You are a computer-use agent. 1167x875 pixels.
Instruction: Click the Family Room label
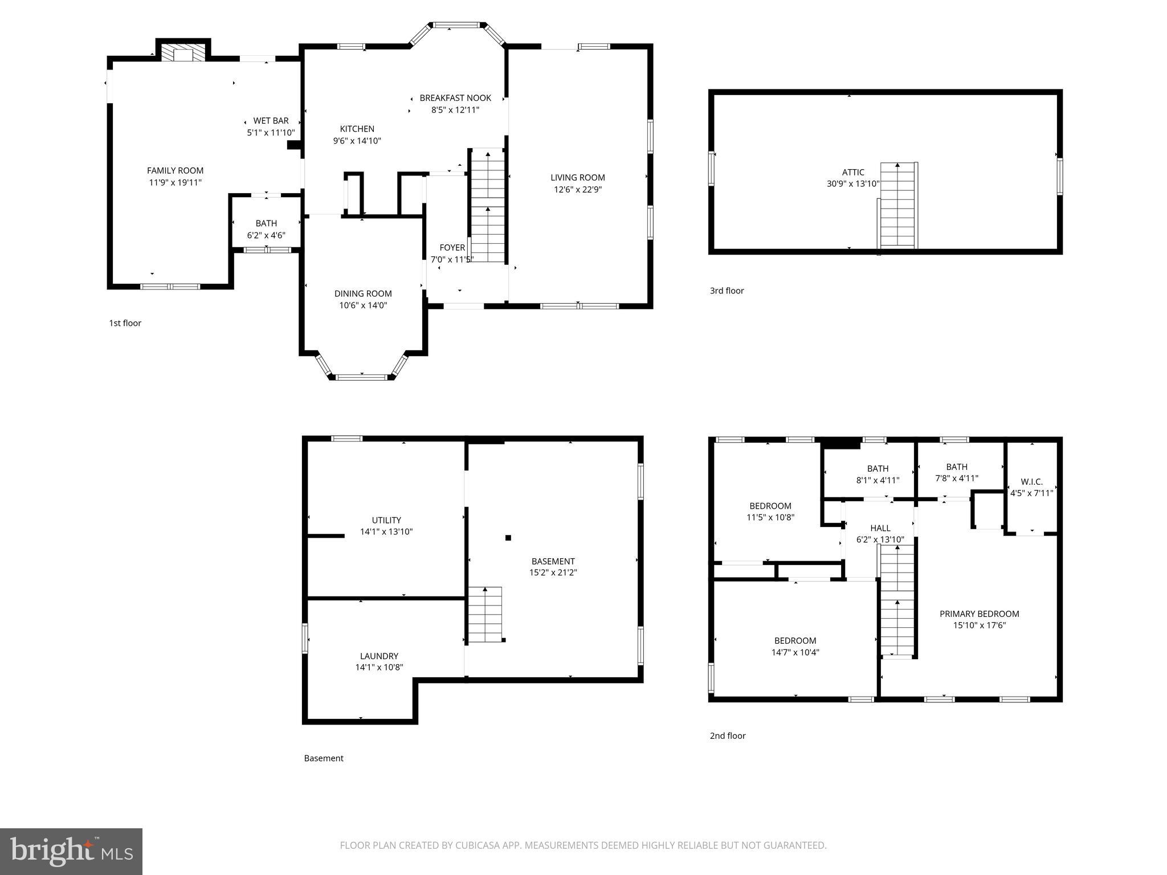click(175, 170)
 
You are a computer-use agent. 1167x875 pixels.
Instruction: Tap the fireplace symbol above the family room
click(183, 54)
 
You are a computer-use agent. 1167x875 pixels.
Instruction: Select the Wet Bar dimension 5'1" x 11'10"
click(271, 133)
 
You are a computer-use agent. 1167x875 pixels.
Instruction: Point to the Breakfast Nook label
click(455, 98)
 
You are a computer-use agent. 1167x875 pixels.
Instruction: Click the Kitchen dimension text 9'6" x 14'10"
click(357, 141)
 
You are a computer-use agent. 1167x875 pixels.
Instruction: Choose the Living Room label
click(577, 178)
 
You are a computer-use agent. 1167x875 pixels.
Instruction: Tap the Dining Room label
click(363, 294)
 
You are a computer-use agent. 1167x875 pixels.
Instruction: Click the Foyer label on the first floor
click(452, 248)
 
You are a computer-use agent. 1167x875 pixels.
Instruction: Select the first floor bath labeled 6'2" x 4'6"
click(266, 229)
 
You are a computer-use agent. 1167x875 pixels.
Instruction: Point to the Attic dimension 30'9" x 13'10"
click(853, 184)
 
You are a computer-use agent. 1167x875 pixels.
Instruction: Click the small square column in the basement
click(508, 537)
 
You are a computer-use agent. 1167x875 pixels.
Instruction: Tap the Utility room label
click(386, 520)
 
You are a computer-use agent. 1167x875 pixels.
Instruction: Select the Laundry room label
click(379, 656)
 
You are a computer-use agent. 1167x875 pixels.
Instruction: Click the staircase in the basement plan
click(485, 614)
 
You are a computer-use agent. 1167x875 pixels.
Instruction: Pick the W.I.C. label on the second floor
click(1031, 482)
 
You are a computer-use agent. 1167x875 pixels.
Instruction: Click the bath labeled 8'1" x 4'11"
click(878, 475)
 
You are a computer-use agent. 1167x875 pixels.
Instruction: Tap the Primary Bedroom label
click(979, 614)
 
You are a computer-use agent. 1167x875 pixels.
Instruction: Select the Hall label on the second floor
click(880, 528)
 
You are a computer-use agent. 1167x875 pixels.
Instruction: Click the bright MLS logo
click(71, 851)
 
